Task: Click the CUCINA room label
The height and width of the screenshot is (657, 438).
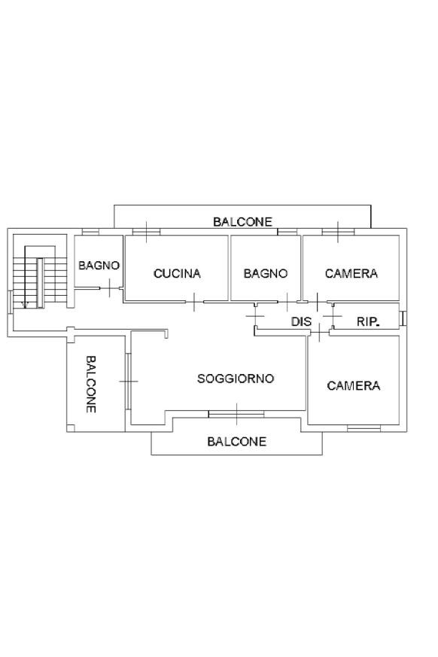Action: tap(177, 274)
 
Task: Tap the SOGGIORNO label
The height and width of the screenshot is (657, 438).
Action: tap(236, 379)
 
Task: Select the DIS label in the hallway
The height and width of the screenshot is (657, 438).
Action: tap(301, 321)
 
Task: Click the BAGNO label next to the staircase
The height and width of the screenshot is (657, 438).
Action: tap(99, 265)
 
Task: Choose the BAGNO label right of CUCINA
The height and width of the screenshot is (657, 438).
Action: tap(266, 274)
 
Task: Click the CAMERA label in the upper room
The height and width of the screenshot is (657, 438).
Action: tap(351, 274)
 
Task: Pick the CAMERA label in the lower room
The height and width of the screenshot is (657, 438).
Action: tap(353, 385)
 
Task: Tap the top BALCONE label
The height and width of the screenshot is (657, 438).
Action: tap(242, 222)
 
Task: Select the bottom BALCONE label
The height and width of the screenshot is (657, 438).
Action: tap(237, 441)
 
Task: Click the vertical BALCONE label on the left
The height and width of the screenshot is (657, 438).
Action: tap(91, 385)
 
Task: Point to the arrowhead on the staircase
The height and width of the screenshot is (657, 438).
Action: tap(25, 306)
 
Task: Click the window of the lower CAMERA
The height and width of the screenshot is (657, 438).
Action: tap(363, 427)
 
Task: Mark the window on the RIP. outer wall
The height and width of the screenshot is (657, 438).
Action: tap(403, 318)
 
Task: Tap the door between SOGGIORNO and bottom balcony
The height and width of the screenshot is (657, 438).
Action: tap(236, 414)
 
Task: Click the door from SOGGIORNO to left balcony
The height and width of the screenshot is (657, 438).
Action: tap(128, 382)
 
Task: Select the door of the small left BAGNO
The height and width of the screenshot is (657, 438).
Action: tap(110, 287)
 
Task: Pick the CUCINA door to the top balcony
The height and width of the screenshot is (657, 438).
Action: tap(146, 232)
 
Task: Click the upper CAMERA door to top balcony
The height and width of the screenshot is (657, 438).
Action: tap(338, 232)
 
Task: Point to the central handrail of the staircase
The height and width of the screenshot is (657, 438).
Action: tap(40, 283)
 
